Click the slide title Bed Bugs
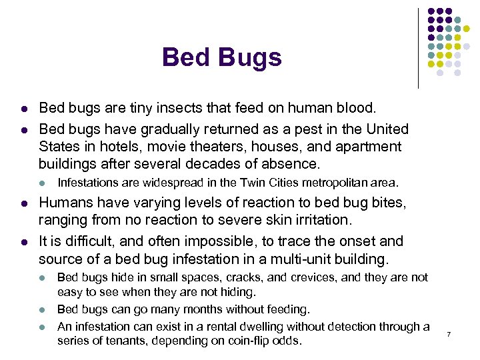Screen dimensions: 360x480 click(221, 58)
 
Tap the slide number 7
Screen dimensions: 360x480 click(449, 333)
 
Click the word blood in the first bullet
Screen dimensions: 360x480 click(357, 107)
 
